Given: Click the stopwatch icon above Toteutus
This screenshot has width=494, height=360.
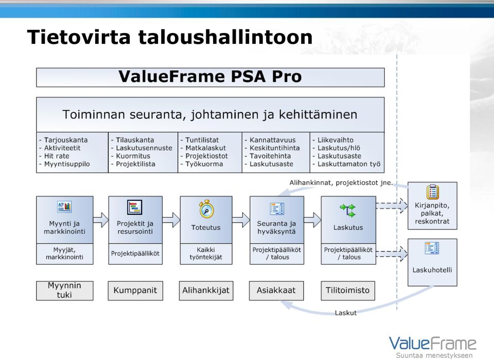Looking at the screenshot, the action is point(206,209).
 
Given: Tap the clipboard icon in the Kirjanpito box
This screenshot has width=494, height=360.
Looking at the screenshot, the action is point(433,192).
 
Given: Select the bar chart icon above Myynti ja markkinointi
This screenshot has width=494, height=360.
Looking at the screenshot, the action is point(64,207).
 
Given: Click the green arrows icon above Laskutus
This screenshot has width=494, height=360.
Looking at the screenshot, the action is point(347,210).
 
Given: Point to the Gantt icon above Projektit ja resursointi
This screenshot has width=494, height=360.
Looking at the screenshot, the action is point(134,208).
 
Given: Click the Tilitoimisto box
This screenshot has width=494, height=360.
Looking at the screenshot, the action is point(348,290).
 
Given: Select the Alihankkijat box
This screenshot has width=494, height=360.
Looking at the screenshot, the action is point(206,290).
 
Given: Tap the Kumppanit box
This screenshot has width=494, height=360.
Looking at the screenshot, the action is point(135,290).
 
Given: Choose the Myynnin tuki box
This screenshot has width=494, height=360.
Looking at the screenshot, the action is point(65,290).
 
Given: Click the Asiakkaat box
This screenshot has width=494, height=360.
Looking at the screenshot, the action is point(276,290).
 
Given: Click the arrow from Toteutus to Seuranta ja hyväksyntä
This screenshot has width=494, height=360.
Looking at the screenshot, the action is point(241,220).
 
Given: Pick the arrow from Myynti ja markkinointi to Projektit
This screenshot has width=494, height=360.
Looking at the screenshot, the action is point(101,220).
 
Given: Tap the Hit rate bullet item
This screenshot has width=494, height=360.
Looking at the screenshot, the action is point(54,156).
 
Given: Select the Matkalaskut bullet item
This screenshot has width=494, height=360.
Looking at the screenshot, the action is point(203,148).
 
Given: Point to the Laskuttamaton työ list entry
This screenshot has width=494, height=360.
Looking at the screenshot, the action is point(346,164).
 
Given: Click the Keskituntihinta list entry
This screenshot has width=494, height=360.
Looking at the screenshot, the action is point(272,148).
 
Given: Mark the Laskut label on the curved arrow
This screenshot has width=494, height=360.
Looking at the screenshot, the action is point(346,313).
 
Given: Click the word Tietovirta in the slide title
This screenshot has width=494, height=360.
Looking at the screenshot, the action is point(79,37).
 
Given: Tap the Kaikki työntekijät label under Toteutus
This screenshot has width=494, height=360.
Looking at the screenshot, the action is point(206,253).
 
